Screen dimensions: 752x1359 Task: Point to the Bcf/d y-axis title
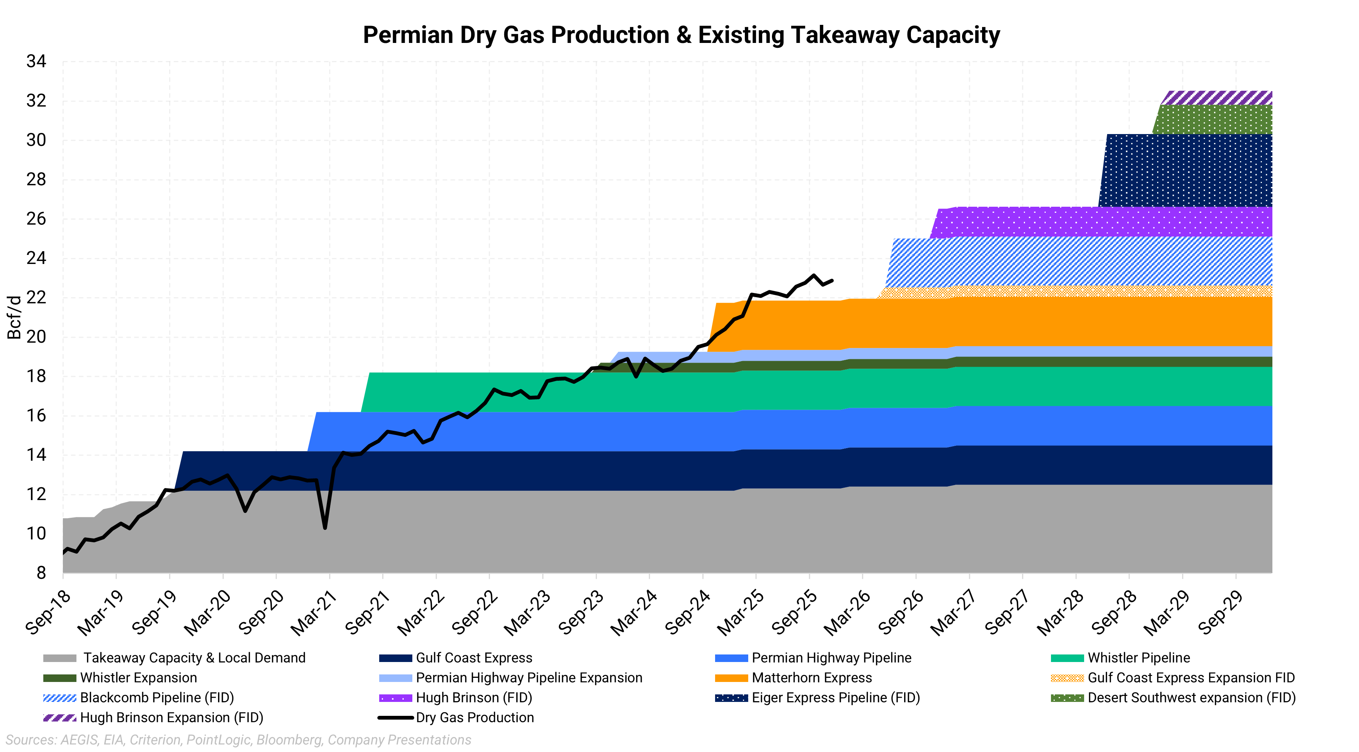pyautogui.click(x=14, y=317)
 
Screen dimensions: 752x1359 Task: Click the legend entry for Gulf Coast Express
pyautogui.click(x=474, y=658)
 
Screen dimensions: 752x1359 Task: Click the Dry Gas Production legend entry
pyautogui.click(x=475, y=718)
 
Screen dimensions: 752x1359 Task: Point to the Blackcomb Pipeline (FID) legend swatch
pyautogui.click(x=59, y=698)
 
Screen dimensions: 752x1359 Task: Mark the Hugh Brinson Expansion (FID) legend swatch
pyautogui.click(x=59, y=718)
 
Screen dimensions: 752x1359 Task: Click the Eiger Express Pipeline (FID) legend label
pyautogui.click(x=836, y=698)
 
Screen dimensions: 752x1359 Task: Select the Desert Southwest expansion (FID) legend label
pyautogui.click(x=1191, y=698)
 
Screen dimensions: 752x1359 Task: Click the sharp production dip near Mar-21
pyautogui.click(x=325, y=527)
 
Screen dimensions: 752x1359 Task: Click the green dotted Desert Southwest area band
pyautogui.click(x=1213, y=120)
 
